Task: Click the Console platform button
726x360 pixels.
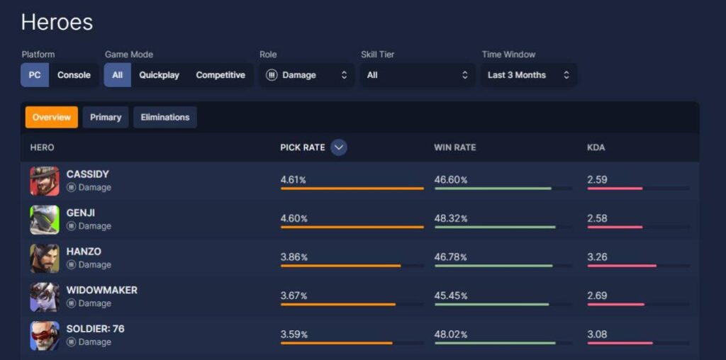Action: click(x=74, y=75)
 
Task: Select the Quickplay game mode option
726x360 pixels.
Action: click(x=159, y=75)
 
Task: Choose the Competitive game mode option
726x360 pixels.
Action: click(x=220, y=75)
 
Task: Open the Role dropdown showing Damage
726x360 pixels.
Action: click(x=306, y=75)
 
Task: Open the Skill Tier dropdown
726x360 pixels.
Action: click(x=417, y=75)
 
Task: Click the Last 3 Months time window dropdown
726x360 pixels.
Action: click(x=528, y=75)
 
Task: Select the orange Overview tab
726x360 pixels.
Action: click(x=52, y=118)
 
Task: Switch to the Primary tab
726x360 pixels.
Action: click(x=106, y=118)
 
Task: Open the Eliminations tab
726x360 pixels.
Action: click(x=165, y=118)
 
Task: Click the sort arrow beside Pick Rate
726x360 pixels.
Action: click(x=339, y=147)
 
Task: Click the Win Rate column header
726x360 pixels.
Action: click(x=454, y=147)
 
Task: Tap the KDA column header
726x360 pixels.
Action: click(x=596, y=147)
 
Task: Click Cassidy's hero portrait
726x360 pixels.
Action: click(x=45, y=181)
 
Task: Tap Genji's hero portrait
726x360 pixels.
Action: click(x=45, y=220)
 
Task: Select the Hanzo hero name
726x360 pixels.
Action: click(x=84, y=252)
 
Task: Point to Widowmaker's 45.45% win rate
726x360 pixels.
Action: click(x=451, y=296)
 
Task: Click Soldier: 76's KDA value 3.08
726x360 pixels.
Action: click(x=597, y=334)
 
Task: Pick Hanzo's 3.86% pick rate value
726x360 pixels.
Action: click(x=294, y=257)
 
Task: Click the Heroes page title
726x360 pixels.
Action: click(x=57, y=22)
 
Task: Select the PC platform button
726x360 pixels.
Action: click(x=35, y=75)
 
